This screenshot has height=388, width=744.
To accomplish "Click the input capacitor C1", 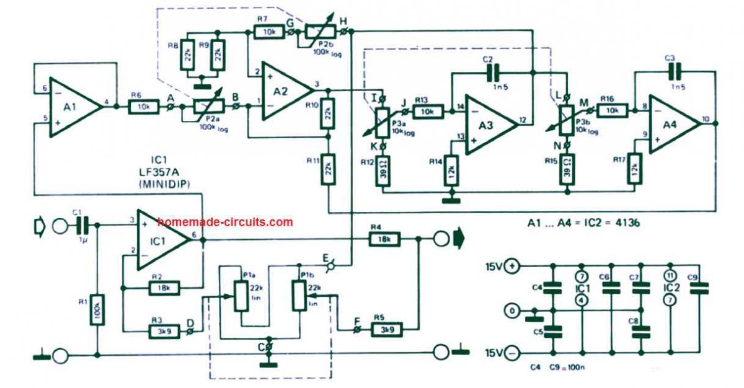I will point(81,224).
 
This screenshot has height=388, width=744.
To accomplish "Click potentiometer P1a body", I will point(239,296).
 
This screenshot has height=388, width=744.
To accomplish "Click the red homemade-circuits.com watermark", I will point(224,221).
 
